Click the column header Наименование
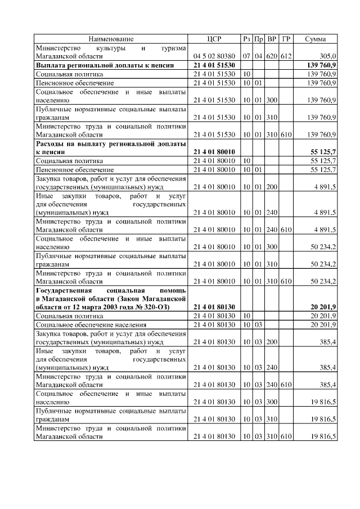[111, 39]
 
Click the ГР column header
[286, 39]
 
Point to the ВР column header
[272, 39]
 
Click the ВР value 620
[272, 57]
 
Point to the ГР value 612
[286, 57]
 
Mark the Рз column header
[246, 39]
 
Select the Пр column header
[259, 39]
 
